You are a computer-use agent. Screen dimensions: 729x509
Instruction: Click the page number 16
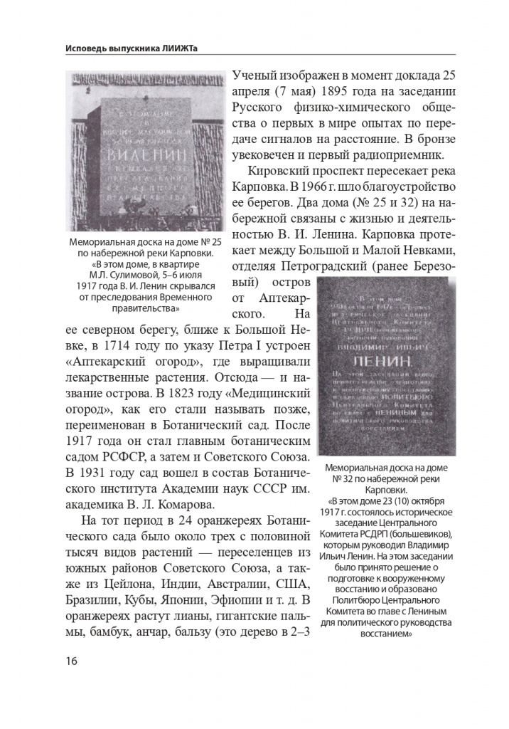[71, 660]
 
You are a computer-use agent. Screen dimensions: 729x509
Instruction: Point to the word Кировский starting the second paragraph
[279, 172]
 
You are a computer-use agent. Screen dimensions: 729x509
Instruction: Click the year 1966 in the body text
[328, 190]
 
